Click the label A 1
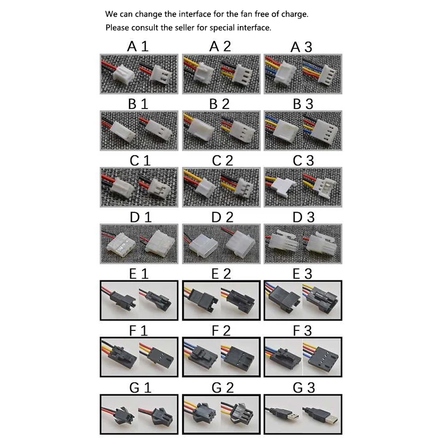coord(137,46)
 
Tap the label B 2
coord(219,104)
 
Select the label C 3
coord(303,161)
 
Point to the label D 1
coord(141,217)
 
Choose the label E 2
coord(221,274)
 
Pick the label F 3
coord(302,330)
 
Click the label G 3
coord(304,388)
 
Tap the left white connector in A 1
coord(123,73)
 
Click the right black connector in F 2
coord(239,358)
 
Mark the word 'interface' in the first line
coord(194,14)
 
